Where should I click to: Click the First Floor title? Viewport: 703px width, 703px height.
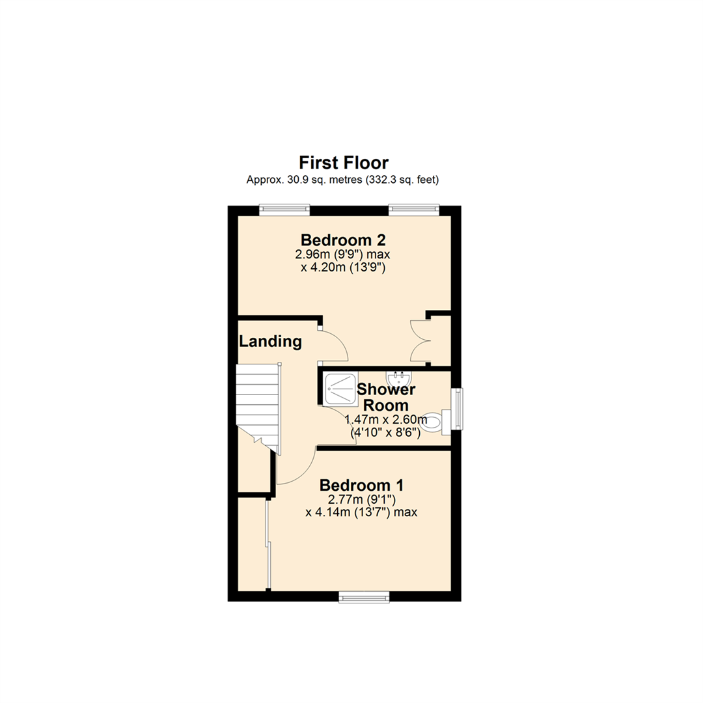point(343,162)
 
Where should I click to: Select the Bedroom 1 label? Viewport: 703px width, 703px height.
point(361,485)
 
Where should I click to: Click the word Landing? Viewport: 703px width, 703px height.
point(270,341)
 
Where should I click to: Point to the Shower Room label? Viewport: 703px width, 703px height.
point(386,397)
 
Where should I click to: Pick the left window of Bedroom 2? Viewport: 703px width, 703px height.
point(284,208)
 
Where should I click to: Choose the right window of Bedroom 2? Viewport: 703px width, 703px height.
point(414,208)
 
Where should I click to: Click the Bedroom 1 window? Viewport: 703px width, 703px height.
point(364,596)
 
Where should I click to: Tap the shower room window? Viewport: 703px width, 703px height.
point(458,409)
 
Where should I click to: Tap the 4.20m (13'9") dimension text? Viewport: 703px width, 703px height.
point(343,266)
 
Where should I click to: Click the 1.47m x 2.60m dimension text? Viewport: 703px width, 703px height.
point(385,420)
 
